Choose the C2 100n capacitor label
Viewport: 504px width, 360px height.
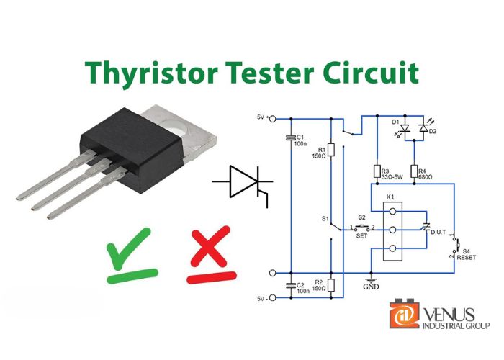[x=301, y=289]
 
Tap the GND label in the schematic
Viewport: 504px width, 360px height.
[x=371, y=286]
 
